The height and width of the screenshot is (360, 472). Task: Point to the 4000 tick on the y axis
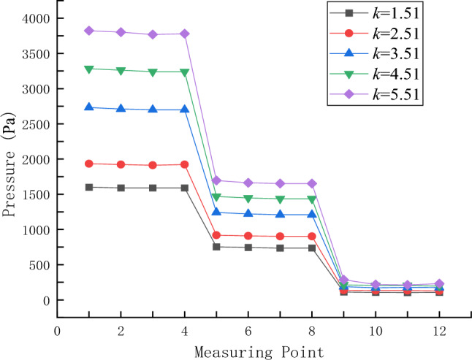[x=37, y=18]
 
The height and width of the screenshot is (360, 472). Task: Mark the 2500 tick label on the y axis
[x=37, y=124]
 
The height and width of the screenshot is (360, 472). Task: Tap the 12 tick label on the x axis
[x=438, y=331]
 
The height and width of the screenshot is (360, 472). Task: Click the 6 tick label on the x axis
[x=248, y=331]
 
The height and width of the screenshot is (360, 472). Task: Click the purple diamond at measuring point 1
[x=89, y=31]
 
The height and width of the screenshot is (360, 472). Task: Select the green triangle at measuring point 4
[x=185, y=72]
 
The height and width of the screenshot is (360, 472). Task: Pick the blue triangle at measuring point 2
[x=121, y=109]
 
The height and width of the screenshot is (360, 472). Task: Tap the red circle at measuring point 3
[x=153, y=165]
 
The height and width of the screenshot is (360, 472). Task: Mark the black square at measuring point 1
[x=89, y=187]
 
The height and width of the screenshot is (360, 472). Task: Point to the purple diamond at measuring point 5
[x=217, y=180]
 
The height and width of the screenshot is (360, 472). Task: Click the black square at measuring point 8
[x=312, y=248]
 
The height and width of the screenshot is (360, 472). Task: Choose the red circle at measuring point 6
[x=248, y=236]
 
